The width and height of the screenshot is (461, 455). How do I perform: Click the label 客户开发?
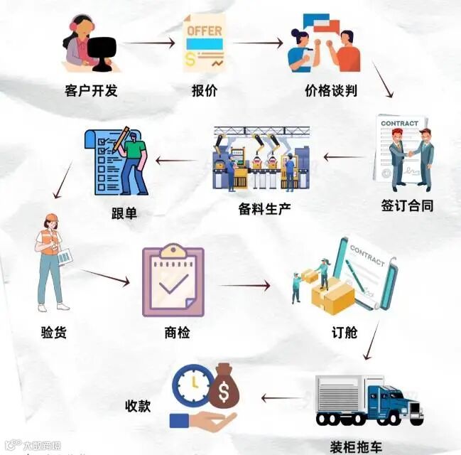pyautogui.click(x=91, y=91)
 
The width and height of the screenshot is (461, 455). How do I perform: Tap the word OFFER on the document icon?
pyautogui.click(x=204, y=31)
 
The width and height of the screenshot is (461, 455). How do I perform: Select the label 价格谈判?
pyautogui.click(x=330, y=91)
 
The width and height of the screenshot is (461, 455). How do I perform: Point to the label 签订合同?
pyautogui.click(x=407, y=205)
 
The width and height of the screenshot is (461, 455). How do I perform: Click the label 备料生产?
pyautogui.click(x=265, y=209)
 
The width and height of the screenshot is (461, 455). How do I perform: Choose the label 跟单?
pyautogui.click(x=124, y=212)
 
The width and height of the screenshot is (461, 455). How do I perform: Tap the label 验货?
pyautogui.click(x=54, y=331)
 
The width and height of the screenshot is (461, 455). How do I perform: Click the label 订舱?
pyautogui.click(x=345, y=332)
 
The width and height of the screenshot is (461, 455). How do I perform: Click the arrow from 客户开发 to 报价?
pyautogui.click(x=149, y=43)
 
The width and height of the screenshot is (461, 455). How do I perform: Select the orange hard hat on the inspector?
pyautogui.click(x=50, y=218)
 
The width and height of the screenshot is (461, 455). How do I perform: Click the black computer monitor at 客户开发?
pyautogui.click(x=102, y=51)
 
